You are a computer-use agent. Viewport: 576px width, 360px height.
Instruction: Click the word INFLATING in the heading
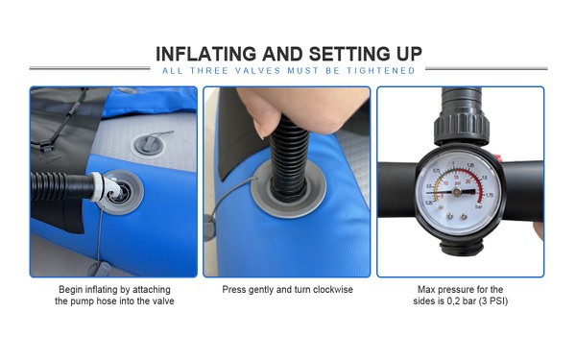click(x=205, y=54)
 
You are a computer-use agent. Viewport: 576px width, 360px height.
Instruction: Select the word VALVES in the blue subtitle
click(x=258, y=70)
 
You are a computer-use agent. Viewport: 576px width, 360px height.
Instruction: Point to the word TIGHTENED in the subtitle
click(x=381, y=70)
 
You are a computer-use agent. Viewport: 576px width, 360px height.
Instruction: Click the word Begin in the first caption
click(x=71, y=290)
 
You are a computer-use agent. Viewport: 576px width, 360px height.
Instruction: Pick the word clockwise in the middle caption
click(x=333, y=290)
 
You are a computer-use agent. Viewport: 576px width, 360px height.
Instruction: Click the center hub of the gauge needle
click(x=457, y=191)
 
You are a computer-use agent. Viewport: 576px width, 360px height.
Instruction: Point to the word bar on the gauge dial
click(x=479, y=206)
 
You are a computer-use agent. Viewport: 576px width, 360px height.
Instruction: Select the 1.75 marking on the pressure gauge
click(x=490, y=196)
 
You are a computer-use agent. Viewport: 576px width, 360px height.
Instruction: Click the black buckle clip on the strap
click(x=45, y=147)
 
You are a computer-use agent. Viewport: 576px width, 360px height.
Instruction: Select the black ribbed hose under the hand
click(x=289, y=159)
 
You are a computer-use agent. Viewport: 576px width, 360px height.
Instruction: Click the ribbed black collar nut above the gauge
click(x=462, y=127)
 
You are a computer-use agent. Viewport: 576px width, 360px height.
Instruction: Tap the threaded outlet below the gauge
click(x=462, y=248)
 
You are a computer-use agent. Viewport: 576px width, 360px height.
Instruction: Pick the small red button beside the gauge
click(x=497, y=158)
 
